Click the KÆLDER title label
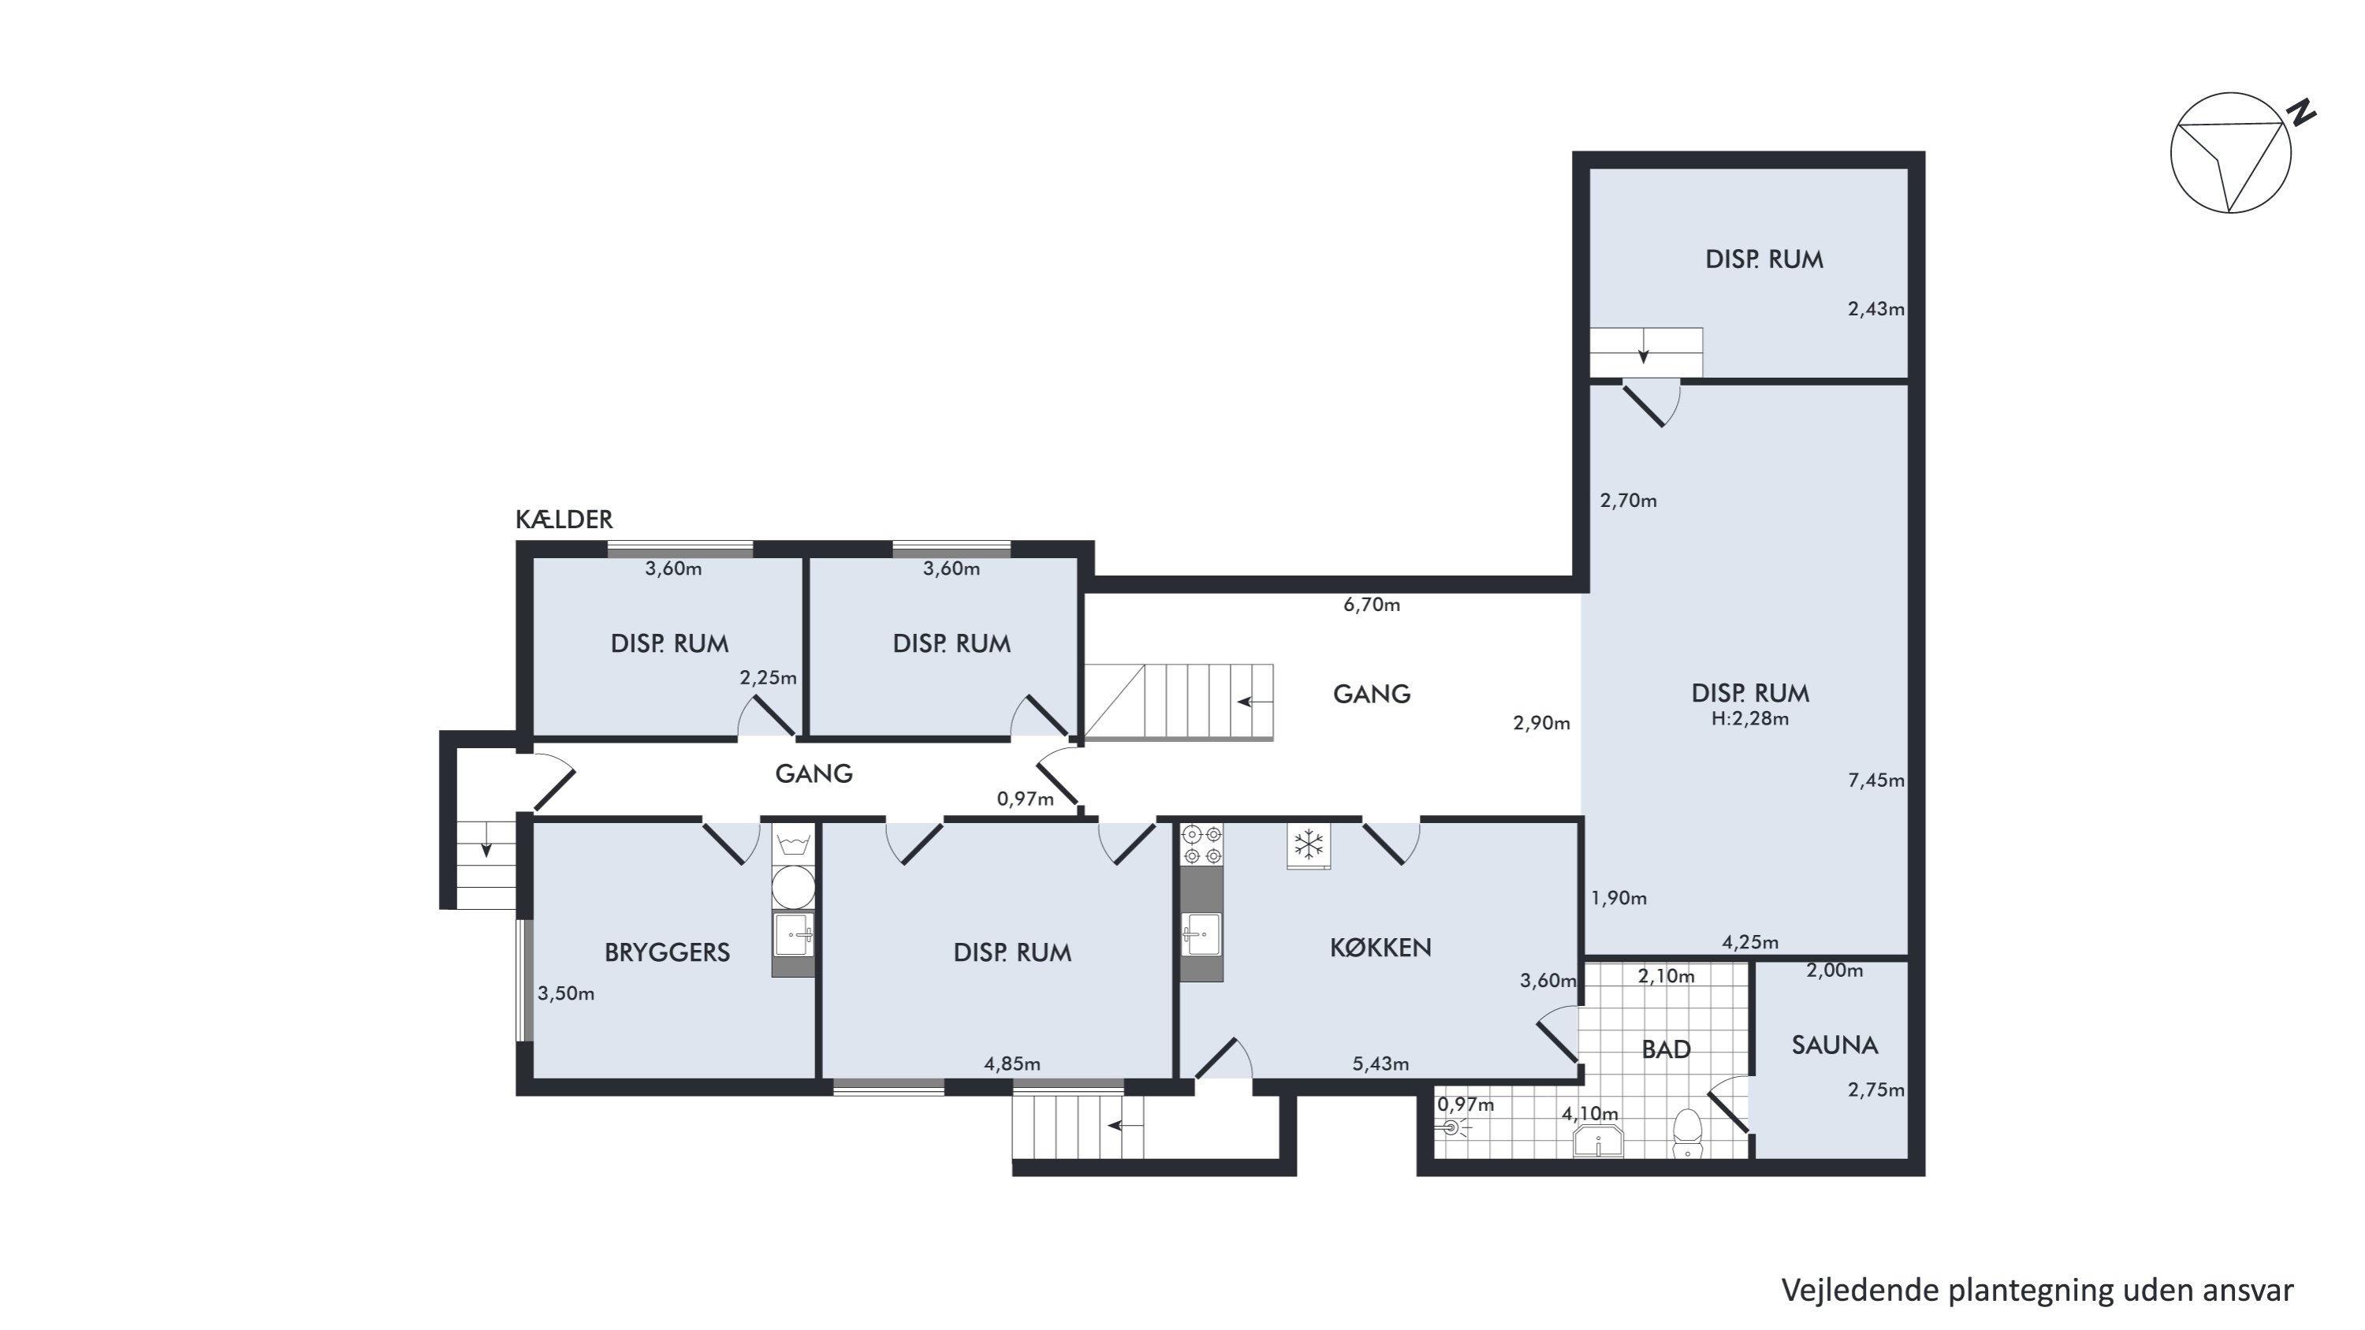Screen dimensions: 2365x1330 coord(564,520)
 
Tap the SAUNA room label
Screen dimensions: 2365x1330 coord(1834,1045)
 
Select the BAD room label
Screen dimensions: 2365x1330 coord(1666,1049)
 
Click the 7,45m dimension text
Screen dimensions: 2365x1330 coord(1875,780)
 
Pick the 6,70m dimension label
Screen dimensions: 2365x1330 coord(1372,604)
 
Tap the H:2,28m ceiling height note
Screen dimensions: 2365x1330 coord(1750,719)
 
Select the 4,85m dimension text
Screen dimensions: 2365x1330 coord(1011,1064)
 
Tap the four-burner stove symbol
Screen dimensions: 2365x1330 coord(1201,844)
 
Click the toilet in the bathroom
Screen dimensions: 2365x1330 coord(1688,1134)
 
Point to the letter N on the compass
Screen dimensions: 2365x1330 coord(2300,113)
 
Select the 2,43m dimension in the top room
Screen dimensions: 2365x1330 coord(1875,309)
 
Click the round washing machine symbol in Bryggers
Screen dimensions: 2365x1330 coord(793,887)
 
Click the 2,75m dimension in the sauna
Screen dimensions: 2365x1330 coord(1875,1090)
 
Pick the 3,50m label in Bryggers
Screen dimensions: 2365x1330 coord(565,993)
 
